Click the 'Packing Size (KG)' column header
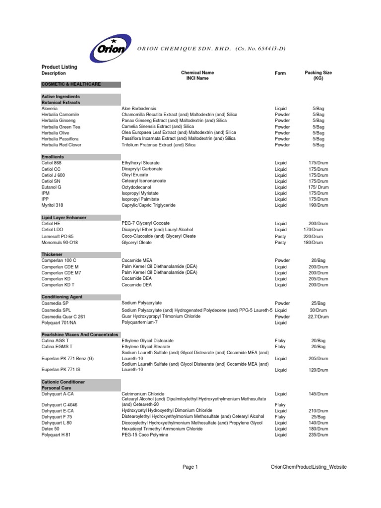[318, 75]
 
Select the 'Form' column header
[280, 73]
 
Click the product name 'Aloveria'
[50, 108]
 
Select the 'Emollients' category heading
[53, 157]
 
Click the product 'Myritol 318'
[53, 205]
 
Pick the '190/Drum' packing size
[318, 205]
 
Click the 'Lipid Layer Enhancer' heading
[63, 217]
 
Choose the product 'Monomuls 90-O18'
[60, 243]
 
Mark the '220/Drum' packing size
[313, 237]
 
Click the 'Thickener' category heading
[52, 254]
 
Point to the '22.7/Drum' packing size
[316, 316]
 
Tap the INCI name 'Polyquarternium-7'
[142, 322]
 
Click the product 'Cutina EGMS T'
[57, 347]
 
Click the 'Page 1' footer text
[190, 467]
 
